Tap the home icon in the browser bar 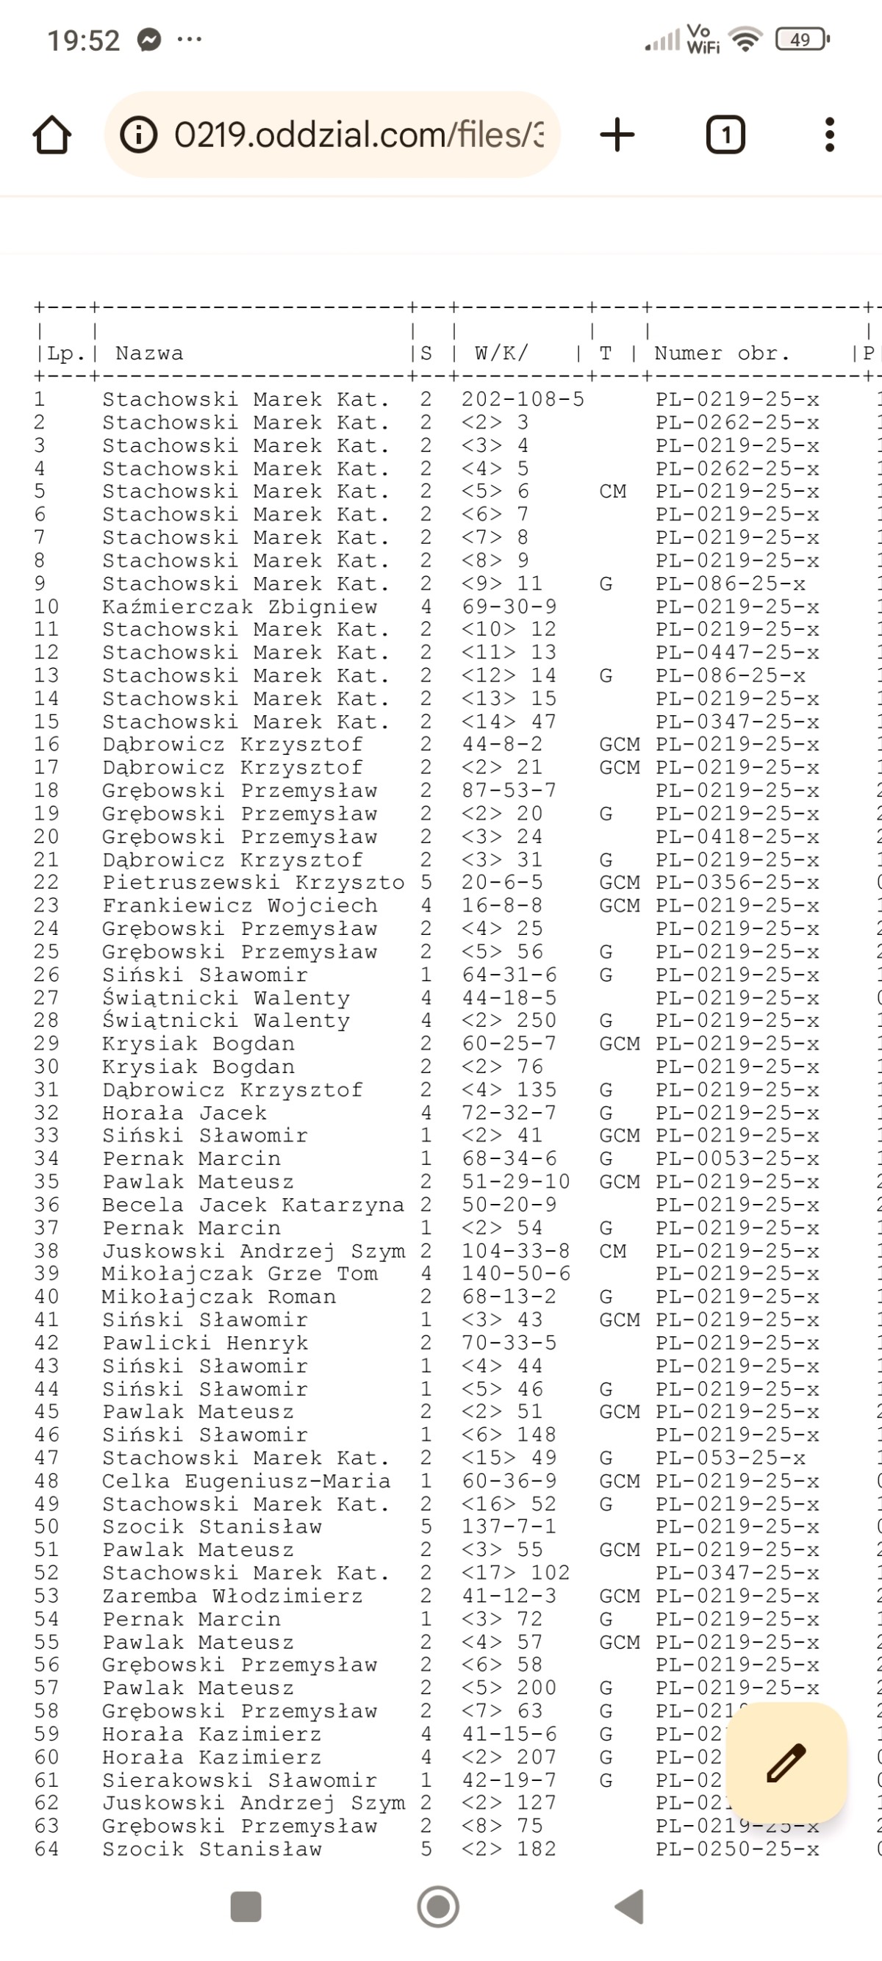click(52, 135)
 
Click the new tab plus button click(617, 135)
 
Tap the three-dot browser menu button click(830, 135)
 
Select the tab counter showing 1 click(725, 135)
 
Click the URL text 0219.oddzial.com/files click(358, 135)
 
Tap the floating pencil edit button click(786, 1763)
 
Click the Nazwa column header click(149, 354)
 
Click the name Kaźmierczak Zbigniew click(240, 606)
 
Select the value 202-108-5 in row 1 click(523, 400)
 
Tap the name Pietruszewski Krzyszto click(254, 882)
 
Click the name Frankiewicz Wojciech click(240, 905)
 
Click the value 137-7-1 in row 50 click(509, 1527)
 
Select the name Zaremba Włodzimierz click(233, 1596)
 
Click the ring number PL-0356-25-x click(737, 882)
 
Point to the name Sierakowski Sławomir click(240, 1780)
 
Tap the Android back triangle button click(630, 1907)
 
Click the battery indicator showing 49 click(800, 40)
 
